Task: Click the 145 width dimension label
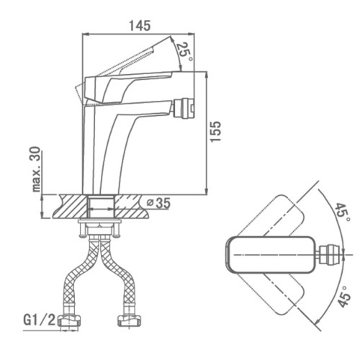pyautogui.click(x=140, y=26)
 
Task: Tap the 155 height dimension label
pyautogui.click(x=215, y=132)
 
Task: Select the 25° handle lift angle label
pyautogui.click(x=185, y=53)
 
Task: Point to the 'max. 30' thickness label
pyautogui.click(x=37, y=169)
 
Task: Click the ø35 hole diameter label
pyautogui.click(x=158, y=203)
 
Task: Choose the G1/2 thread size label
pyautogui.click(x=40, y=320)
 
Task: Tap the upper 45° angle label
pyautogui.click(x=342, y=212)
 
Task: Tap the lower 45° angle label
pyautogui.click(x=344, y=297)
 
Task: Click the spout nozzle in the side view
pyautogui.click(x=184, y=109)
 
